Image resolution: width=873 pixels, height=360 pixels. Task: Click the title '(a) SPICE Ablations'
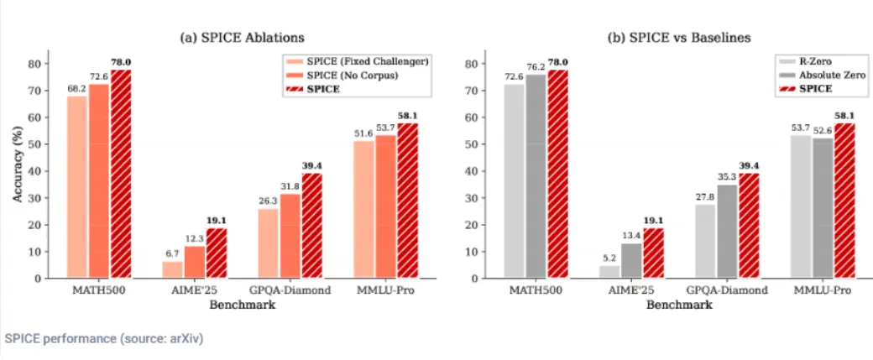click(243, 38)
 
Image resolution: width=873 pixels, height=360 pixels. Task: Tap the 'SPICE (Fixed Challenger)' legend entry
click(357, 61)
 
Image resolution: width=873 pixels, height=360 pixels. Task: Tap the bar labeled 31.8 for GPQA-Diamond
click(290, 236)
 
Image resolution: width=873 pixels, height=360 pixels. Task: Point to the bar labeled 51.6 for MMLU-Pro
click(363, 209)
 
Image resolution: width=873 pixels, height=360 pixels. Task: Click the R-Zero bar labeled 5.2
click(609, 271)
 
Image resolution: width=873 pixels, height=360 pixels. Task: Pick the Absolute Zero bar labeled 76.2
click(536, 175)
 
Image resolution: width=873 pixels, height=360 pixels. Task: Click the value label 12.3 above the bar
click(194, 239)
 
